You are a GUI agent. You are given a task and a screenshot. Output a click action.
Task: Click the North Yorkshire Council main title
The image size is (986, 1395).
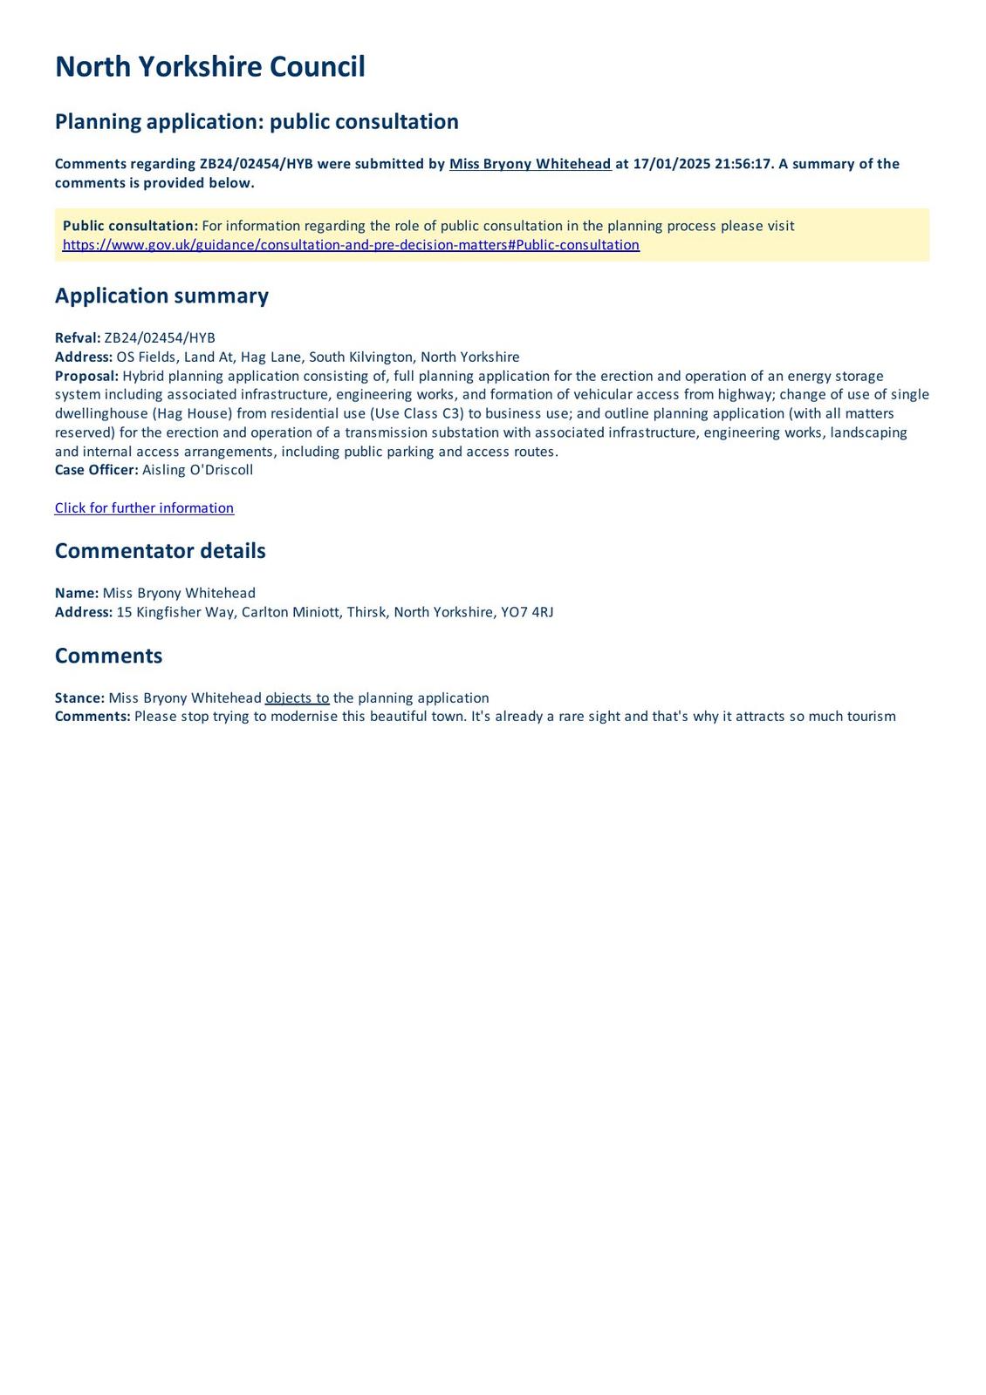[x=209, y=67]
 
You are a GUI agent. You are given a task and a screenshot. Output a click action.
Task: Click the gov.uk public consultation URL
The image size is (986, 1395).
[x=351, y=245]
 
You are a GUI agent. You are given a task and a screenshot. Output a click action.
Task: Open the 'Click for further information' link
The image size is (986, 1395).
[x=144, y=508]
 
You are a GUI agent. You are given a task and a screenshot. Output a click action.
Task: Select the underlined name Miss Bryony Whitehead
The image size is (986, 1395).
[x=530, y=164]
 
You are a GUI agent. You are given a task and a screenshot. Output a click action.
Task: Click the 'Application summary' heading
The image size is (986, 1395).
[x=161, y=296]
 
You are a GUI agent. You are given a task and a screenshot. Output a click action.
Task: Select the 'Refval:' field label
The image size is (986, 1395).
[x=78, y=338]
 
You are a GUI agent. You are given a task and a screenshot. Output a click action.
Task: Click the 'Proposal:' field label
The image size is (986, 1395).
[x=86, y=376]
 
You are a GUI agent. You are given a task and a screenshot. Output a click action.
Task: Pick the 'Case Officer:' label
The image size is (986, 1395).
[x=96, y=470]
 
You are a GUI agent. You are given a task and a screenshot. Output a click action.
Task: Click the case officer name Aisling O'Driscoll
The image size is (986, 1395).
[x=197, y=470]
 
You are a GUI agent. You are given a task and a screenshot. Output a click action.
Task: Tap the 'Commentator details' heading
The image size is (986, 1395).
[x=160, y=551]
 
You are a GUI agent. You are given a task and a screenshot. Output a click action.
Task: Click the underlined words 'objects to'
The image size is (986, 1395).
[x=297, y=698]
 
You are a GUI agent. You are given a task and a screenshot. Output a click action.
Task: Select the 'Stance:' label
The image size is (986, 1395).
[x=79, y=698]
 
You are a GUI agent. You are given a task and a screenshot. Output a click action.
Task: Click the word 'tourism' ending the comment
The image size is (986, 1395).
[x=866, y=717]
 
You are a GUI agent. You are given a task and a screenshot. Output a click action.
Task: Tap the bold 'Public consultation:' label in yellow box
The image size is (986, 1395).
[x=130, y=226]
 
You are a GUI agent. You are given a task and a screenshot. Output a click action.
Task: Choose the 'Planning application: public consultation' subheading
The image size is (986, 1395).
[x=257, y=121]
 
